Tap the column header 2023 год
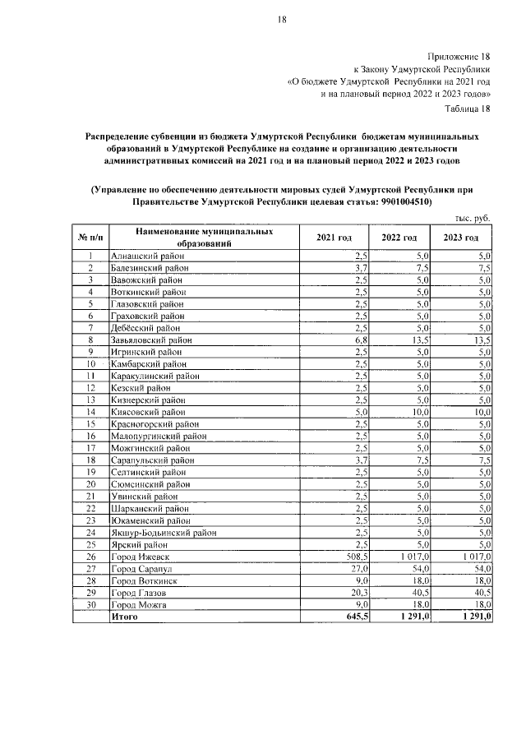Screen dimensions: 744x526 pos(460,238)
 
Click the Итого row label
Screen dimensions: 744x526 pos(125,617)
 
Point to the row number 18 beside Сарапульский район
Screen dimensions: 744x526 pos(91,460)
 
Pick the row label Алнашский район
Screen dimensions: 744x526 pos(148,256)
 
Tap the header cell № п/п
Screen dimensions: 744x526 pos(91,238)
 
